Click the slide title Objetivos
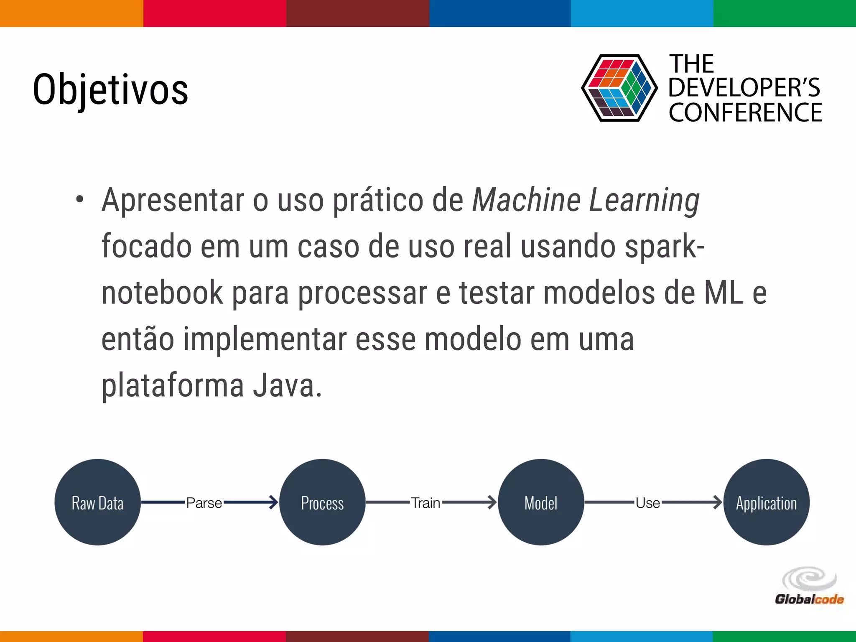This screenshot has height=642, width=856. [x=110, y=89]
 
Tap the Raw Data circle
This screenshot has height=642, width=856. [x=97, y=502]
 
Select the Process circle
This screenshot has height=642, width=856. [x=322, y=502]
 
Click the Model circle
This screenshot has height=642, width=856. [x=541, y=502]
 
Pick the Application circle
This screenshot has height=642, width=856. [x=766, y=502]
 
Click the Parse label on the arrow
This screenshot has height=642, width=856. [x=204, y=503]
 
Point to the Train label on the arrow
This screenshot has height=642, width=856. [x=425, y=503]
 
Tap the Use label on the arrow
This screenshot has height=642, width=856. [x=648, y=503]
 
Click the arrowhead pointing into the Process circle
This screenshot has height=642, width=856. [x=273, y=502]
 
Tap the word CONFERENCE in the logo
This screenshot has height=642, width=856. [x=745, y=113]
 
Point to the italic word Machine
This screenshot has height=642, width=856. [x=526, y=200]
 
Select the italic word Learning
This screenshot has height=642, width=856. [x=644, y=201]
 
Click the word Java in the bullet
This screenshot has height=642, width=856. [x=284, y=385]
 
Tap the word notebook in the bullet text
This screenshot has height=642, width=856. [x=162, y=293]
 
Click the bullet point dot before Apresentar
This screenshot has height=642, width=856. [x=80, y=199]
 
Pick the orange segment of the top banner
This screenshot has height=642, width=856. [x=71, y=13]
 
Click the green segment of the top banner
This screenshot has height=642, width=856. [x=785, y=13]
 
